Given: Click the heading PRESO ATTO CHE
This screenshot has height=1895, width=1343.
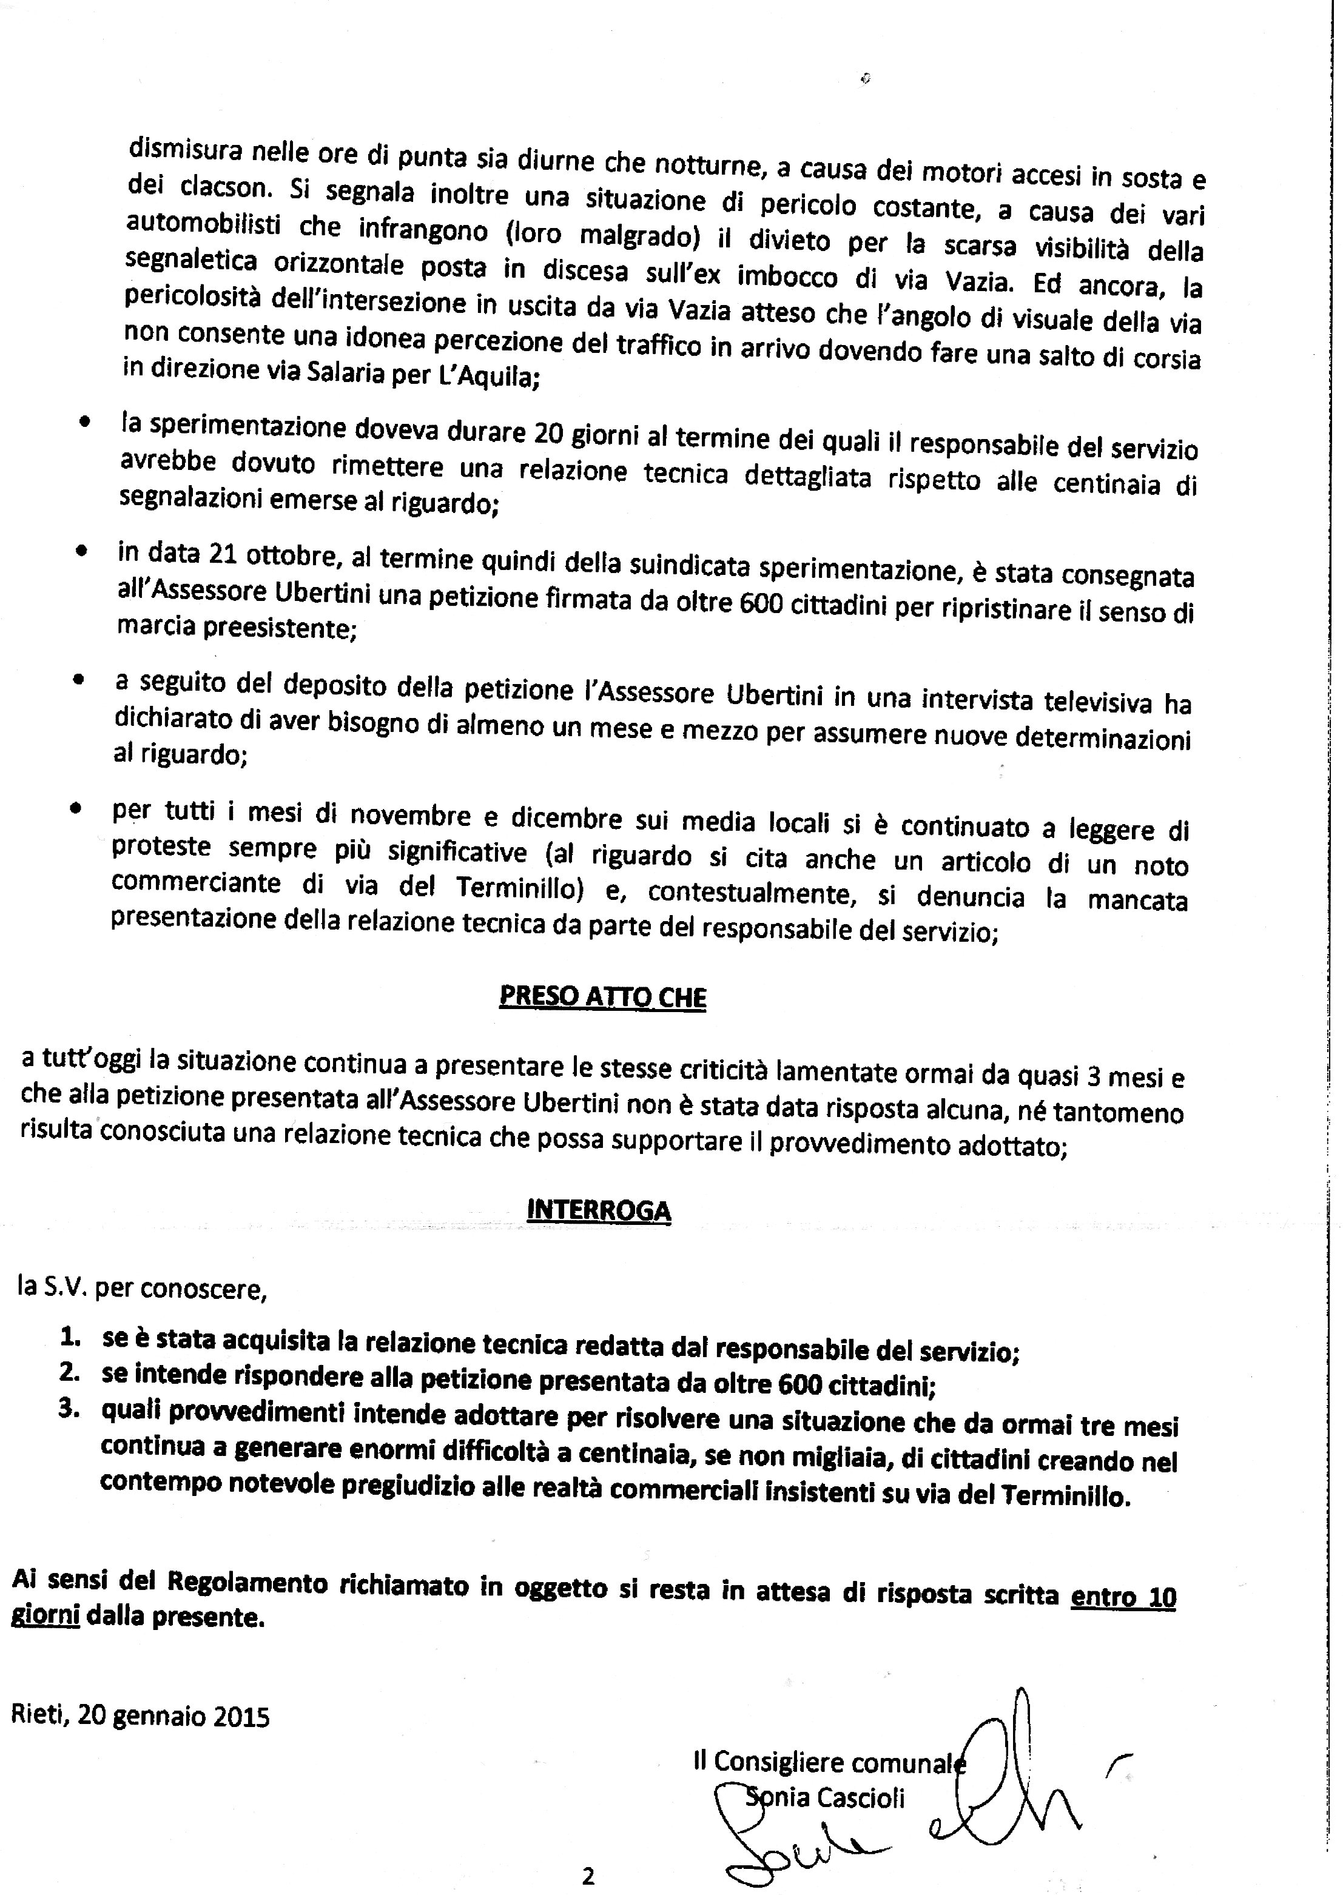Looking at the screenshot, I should (x=603, y=996).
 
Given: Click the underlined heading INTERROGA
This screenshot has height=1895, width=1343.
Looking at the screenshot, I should (x=599, y=1210).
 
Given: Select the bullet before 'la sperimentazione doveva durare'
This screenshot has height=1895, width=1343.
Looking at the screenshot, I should (x=84, y=423).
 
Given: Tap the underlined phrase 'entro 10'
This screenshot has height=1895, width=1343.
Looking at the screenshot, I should (x=1123, y=1597).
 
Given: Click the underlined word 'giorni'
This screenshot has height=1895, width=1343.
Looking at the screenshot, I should (x=45, y=1615).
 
